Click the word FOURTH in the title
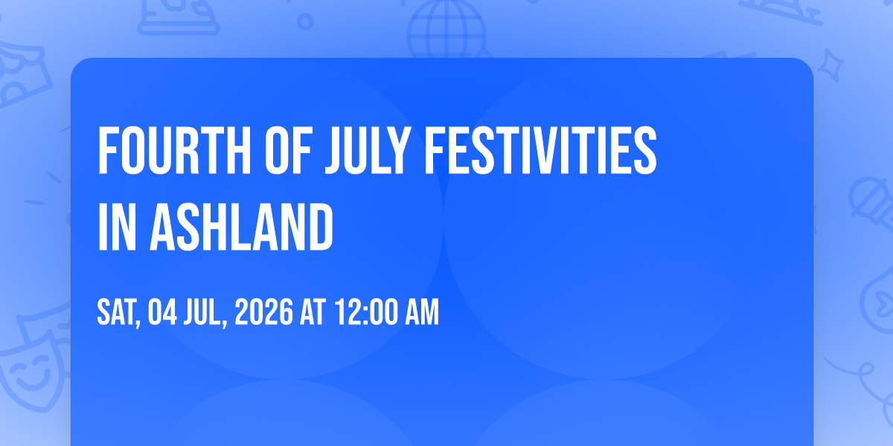(x=174, y=150)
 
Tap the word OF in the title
(x=288, y=150)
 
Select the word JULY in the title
(x=368, y=150)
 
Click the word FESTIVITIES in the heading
(x=540, y=150)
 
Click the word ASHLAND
(x=241, y=227)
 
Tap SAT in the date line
(x=118, y=313)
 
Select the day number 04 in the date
(x=162, y=311)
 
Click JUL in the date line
(x=205, y=313)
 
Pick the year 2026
(x=264, y=311)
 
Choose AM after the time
(x=422, y=311)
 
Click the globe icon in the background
(x=446, y=28)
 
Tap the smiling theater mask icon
(x=31, y=366)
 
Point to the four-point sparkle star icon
(x=830, y=65)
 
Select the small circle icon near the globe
(x=305, y=22)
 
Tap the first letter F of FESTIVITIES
(x=435, y=150)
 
